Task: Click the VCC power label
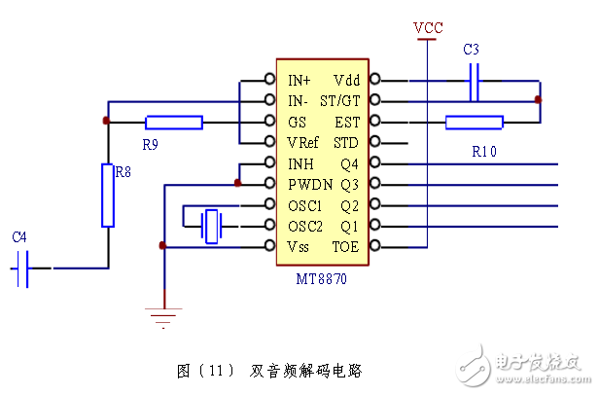(x=428, y=27)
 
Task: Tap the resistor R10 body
(x=475, y=123)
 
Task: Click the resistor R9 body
(x=174, y=123)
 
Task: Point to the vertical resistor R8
(x=109, y=195)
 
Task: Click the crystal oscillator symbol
(x=211, y=226)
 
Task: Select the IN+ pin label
(x=299, y=80)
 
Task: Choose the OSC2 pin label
(x=305, y=226)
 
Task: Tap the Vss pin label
(x=299, y=247)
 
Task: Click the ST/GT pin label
(x=340, y=101)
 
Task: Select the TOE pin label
(x=345, y=247)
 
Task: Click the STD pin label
(x=346, y=142)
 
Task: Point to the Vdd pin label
(x=346, y=80)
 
